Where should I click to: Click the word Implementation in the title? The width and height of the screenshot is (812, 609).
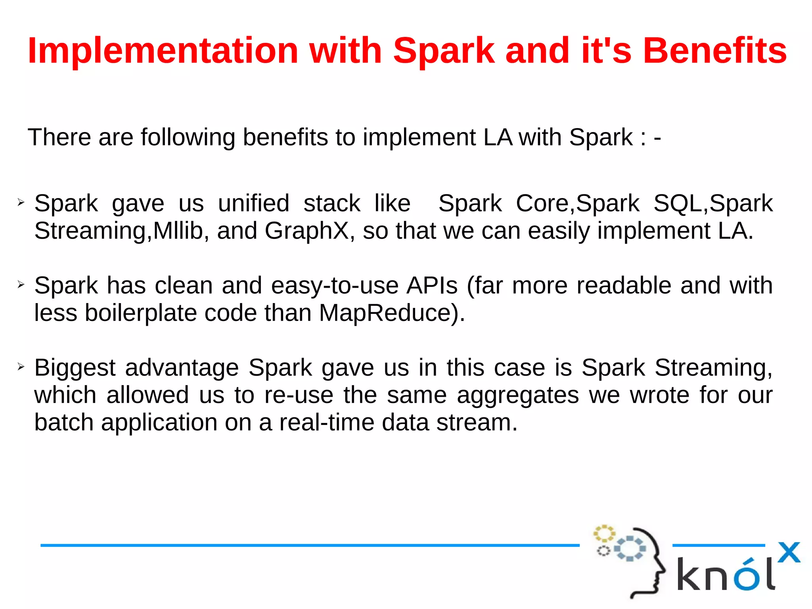[163, 51]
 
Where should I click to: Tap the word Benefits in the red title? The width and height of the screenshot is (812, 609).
[714, 51]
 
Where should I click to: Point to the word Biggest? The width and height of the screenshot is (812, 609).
[75, 368]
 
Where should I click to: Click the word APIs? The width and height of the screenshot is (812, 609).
[432, 286]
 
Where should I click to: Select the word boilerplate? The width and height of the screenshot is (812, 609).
[141, 313]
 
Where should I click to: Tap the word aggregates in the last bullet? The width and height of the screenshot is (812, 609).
[518, 395]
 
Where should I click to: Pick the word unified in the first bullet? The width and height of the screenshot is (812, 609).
[254, 204]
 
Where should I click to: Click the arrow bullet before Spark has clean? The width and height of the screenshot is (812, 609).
[21, 284]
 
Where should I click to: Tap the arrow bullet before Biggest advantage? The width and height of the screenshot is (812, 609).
[21, 367]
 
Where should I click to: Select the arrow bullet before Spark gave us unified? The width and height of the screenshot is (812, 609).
[21, 203]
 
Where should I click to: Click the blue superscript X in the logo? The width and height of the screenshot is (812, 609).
[789, 552]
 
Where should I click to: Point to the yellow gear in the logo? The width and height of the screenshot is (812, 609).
[604, 533]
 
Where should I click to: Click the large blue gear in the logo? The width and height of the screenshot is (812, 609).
[630, 548]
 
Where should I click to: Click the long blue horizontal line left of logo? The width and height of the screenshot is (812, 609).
[309, 546]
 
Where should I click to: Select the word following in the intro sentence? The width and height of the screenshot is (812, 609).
[188, 138]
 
